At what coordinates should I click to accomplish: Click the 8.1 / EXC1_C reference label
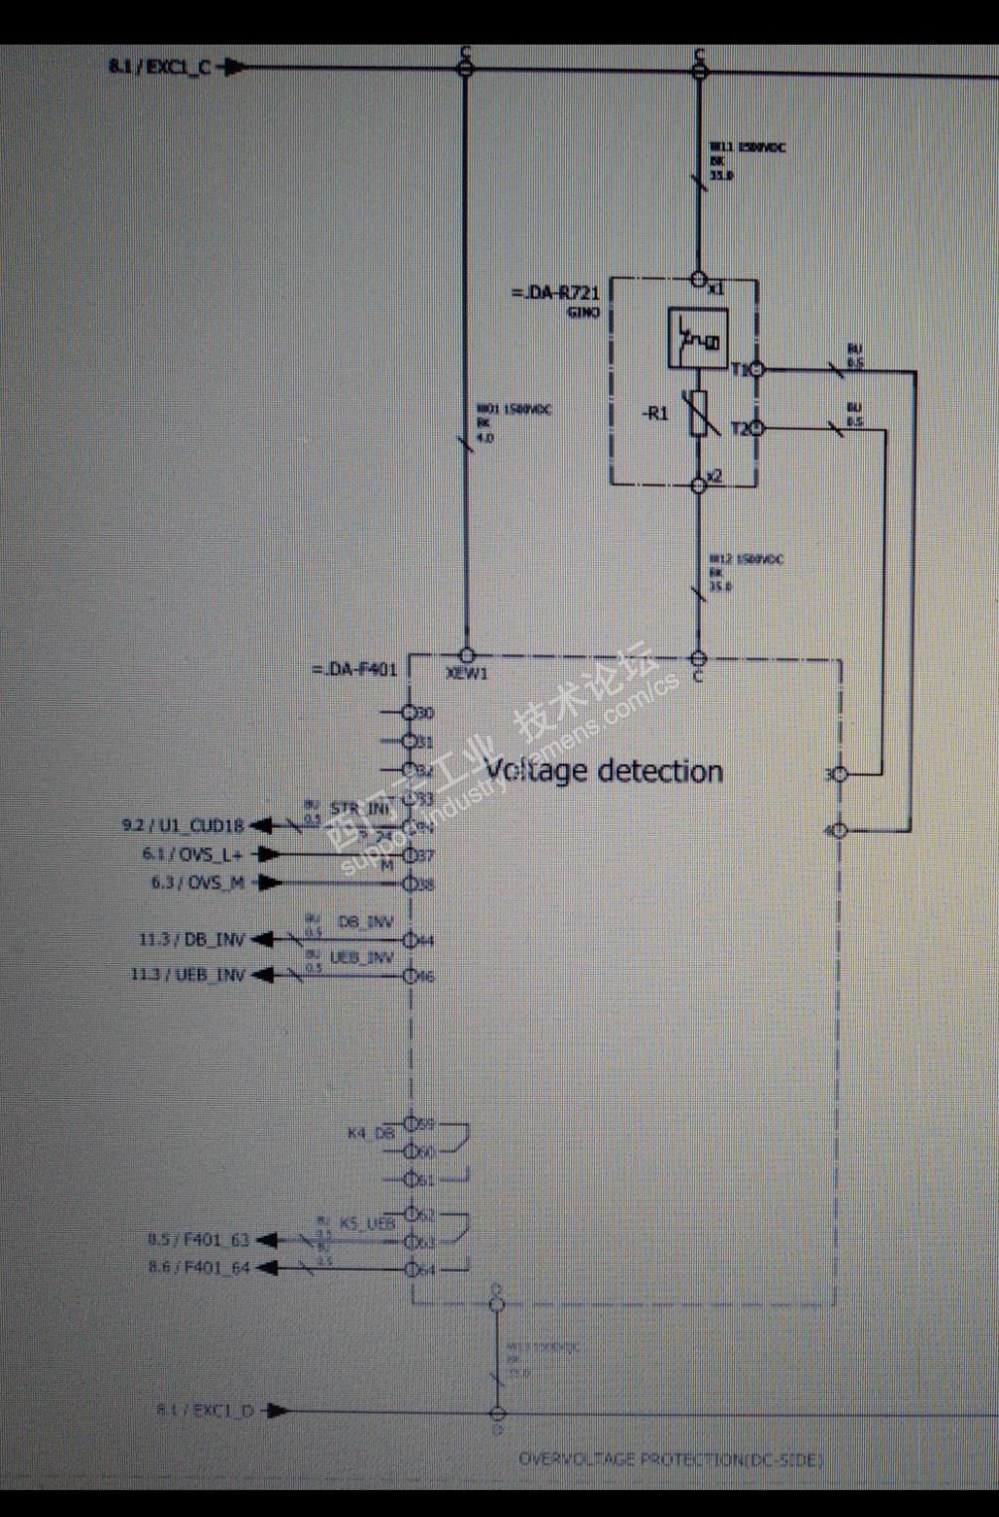click(159, 68)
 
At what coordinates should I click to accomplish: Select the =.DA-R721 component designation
click(555, 293)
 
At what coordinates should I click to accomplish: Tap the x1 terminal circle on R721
click(699, 280)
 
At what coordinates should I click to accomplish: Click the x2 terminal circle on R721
click(699, 484)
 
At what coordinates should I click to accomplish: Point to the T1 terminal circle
click(757, 369)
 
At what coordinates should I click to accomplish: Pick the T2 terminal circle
click(757, 428)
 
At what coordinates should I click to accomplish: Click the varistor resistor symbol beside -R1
click(699, 413)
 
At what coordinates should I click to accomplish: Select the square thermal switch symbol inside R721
click(698, 338)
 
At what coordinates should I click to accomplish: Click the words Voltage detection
click(603, 770)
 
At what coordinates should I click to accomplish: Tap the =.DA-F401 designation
click(355, 669)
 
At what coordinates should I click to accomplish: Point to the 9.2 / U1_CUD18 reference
click(183, 825)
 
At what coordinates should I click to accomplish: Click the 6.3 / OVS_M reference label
click(198, 883)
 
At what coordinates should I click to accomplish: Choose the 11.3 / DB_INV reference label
click(192, 939)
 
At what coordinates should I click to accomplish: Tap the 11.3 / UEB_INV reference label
click(188, 975)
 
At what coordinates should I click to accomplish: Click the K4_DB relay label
click(370, 1133)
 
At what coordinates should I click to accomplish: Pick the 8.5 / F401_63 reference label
click(199, 1239)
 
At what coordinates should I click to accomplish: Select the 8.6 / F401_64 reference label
click(199, 1268)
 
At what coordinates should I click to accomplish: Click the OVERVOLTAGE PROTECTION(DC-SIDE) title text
click(670, 1459)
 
